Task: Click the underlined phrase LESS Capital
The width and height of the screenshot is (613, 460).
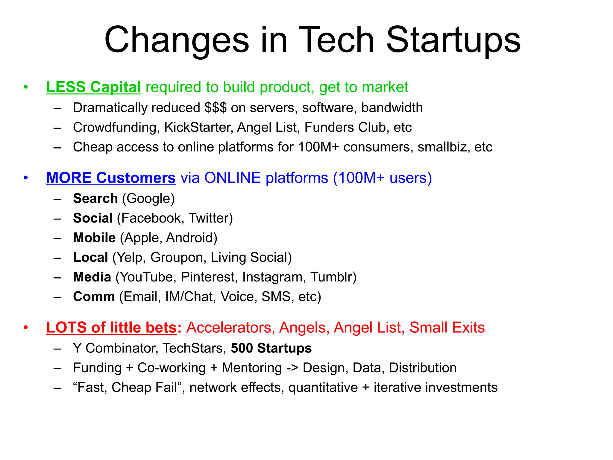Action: point(93,87)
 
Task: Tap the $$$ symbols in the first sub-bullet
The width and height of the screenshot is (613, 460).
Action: point(216,108)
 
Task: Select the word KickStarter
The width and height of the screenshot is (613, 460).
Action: point(198,128)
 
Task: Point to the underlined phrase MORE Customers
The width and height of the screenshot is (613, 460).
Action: point(111,178)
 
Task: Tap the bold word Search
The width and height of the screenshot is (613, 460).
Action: point(95,199)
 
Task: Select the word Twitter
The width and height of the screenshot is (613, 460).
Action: point(210,218)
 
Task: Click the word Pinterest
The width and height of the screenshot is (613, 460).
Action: point(209,277)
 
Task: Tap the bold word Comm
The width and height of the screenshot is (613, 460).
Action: point(94,297)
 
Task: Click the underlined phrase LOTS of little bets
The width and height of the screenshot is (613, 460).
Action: point(112,328)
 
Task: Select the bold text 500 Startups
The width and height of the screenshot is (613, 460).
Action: point(271,348)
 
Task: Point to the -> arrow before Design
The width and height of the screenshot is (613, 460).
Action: point(292,368)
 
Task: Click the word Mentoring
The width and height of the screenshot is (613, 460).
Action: point(252,368)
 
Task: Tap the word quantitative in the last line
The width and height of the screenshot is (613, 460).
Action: point(323,388)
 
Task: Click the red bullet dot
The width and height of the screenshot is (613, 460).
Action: point(26,327)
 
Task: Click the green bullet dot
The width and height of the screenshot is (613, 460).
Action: point(26,87)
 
